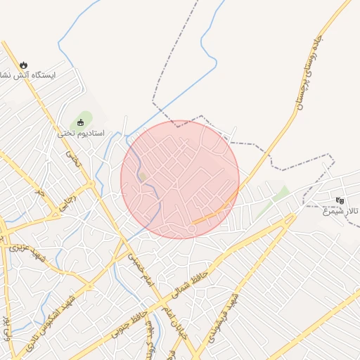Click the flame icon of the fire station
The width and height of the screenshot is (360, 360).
click(25, 64)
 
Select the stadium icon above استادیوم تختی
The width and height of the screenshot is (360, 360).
click(80, 123)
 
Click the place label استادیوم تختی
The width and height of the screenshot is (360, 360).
click(81, 133)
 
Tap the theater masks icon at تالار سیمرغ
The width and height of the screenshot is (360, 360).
click(340, 200)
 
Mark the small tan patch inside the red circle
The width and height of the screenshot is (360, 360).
click(143, 176)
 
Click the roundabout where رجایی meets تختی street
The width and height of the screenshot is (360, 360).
click(91, 186)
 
